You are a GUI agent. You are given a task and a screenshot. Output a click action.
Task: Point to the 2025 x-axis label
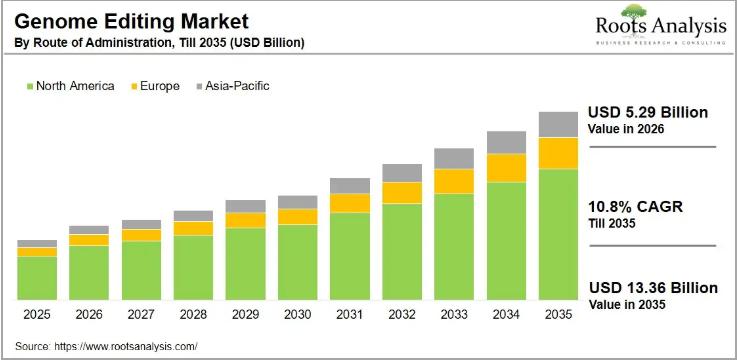(x=37, y=314)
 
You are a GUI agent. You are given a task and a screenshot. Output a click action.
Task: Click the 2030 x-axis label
(x=297, y=314)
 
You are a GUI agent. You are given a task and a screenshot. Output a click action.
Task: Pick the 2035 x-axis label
(x=558, y=314)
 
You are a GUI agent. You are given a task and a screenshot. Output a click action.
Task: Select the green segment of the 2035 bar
(x=558, y=235)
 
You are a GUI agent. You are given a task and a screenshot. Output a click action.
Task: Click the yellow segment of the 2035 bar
(x=558, y=153)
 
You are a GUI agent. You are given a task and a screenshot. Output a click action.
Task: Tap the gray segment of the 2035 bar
(x=558, y=124)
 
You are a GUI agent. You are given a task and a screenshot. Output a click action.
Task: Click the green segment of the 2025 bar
(x=37, y=278)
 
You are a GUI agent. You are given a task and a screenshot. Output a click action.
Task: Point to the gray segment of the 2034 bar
(x=506, y=142)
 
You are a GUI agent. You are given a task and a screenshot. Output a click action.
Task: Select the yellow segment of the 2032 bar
(x=402, y=192)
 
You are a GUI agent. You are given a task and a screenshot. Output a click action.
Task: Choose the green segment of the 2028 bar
(x=193, y=267)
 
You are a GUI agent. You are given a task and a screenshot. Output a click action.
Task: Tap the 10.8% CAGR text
(x=634, y=208)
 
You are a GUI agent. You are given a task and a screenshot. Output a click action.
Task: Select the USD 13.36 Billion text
(x=652, y=288)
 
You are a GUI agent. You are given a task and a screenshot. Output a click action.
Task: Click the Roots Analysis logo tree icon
(x=633, y=12)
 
